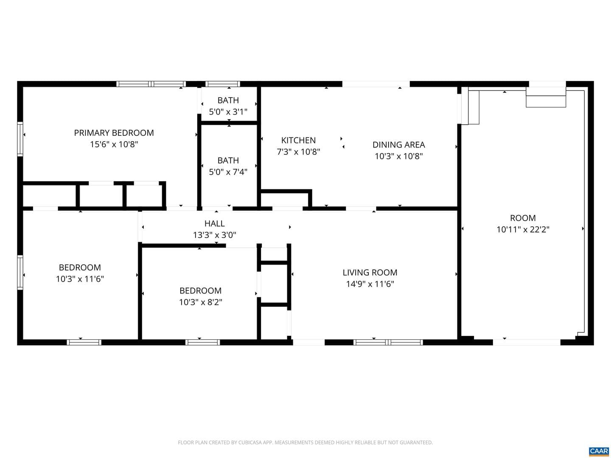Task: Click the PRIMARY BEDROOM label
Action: (x=114, y=133)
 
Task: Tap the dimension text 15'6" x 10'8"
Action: (x=114, y=144)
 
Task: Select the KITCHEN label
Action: (x=298, y=140)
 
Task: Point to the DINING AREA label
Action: (x=398, y=145)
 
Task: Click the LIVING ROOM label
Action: (x=370, y=273)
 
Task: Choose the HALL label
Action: (x=214, y=223)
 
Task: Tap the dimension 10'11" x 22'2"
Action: (x=523, y=229)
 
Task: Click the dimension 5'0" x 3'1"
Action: (x=228, y=112)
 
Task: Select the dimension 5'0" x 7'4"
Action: (x=228, y=172)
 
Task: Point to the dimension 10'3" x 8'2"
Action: (x=200, y=302)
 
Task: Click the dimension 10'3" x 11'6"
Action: (x=80, y=279)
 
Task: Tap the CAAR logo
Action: (x=599, y=451)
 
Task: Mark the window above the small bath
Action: (x=223, y=84)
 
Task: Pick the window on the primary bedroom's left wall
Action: (x=20, y=139)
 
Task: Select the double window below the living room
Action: (x=388, y=342)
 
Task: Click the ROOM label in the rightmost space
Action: (x=523, y=218)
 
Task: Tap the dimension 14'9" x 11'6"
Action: (x=370, y=284)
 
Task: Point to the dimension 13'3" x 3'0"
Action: (x=214, y=235)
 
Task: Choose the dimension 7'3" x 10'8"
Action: (x=298, y=152)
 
